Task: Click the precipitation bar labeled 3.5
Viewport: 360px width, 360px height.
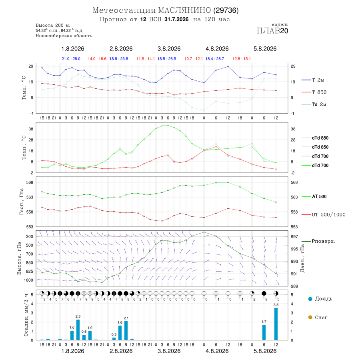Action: [x=276, y=324]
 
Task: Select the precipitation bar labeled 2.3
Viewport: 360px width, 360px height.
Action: [x=78, y=330]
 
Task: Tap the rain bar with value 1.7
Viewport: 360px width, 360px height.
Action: [x=264, y=332]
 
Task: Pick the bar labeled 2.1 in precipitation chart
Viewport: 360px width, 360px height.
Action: [x=126, y=331]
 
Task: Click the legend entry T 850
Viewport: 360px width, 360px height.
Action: [x=314, y=92]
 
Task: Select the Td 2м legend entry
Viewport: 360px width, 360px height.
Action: [x=314, y=104]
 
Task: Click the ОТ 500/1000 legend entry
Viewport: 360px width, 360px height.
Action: [x=323, y=215]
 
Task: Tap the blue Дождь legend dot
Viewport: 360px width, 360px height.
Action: [x=310, y=299]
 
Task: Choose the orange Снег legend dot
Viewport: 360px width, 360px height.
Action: [x=310, y=317]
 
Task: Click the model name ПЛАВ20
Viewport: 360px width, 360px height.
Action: [x=272, y=31]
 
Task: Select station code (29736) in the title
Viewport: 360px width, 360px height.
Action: [x=226, y=10]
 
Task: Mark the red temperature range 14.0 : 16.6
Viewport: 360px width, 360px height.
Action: [x=97, y=59]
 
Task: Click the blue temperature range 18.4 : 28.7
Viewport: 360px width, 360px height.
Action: [x=215, y=59]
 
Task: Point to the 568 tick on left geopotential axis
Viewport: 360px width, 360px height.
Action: [x=30, y=182]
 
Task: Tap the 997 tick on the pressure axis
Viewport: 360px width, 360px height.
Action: [x=294, y=236]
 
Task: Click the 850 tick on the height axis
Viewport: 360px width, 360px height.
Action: [x=29, y=263]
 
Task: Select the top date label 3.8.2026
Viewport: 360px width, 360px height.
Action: [x=169, y=49]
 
